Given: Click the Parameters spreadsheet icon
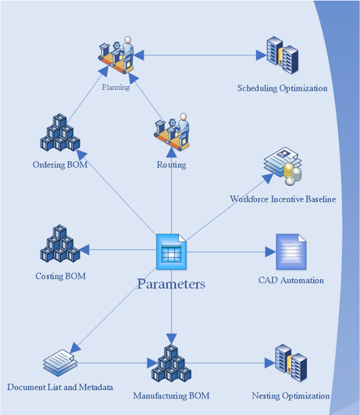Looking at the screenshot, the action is point(171,252).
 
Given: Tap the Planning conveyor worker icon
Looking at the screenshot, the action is point(116,55).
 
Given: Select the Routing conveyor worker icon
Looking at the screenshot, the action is point(172,132).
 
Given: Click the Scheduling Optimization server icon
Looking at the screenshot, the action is point(282,55).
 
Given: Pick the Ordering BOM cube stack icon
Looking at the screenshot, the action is point(60,132).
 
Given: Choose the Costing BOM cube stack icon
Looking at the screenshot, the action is point(60,244).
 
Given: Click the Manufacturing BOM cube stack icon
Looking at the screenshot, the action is point(171,363).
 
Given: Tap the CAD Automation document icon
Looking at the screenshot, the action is point(291,252).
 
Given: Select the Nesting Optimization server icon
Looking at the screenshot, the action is point(291,363).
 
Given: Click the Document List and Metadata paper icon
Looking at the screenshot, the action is point(60,363).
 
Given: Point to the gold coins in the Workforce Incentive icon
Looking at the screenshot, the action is point(293,174).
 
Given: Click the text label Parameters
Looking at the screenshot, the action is point(171,284).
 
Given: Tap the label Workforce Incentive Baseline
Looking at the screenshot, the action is point(283,199).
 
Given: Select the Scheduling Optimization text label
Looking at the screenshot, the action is point(282,88).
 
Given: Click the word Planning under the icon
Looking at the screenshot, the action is point(116,87).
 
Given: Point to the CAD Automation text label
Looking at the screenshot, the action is point(291,280).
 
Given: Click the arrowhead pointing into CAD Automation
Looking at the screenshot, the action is point(271,252).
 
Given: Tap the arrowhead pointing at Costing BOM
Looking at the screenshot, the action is point(84,250).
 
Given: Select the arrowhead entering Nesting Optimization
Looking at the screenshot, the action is point(270,363).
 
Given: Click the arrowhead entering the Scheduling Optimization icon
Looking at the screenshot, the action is point(261,55).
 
